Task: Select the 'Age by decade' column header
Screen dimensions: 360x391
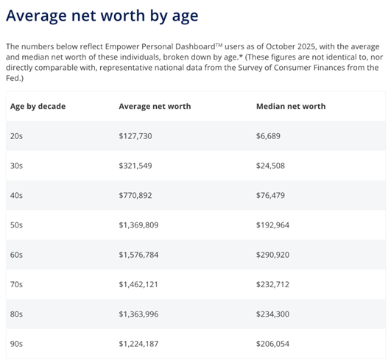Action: [x=38, y=106]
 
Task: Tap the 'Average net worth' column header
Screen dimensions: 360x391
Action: [x=155, y=106]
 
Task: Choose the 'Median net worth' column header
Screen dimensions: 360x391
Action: [x=291, y=106]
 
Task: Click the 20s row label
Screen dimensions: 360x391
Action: [x=16, y=136]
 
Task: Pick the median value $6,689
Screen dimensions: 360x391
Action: [x=268, y=136]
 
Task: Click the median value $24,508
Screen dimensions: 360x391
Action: [x=271, y=166]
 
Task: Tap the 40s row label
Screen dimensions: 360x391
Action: [x=16, y=196]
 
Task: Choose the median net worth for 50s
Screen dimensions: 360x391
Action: [x=273, y=225]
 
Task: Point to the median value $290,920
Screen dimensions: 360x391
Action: [x=273, y=255]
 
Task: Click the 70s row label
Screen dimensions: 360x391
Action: [x=16, y=284]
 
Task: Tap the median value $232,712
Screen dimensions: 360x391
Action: [x=273, y=284]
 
